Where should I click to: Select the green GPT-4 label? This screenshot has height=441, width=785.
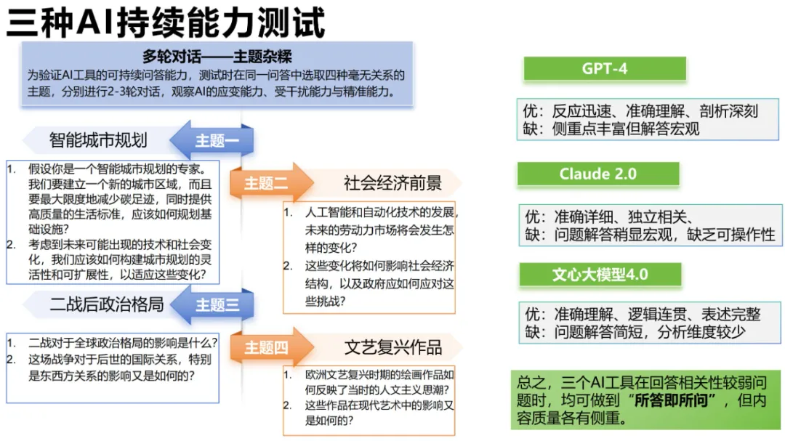tap(604, 69)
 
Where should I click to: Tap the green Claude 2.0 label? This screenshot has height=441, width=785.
tap(597, 174)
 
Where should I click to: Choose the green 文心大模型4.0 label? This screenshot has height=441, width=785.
tap(600, 275)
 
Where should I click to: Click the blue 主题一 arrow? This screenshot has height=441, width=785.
tap(214, 140)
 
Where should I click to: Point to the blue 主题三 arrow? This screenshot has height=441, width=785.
tap(215, 304)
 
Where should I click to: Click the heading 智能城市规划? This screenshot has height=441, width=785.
tap(98, 139)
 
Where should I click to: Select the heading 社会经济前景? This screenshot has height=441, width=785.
tap(392, 183)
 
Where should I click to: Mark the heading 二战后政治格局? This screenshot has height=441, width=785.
tap(107, 304)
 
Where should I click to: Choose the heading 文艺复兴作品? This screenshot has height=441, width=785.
tap(392, 347)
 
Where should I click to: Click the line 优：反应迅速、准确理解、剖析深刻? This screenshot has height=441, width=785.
tap(640, 110)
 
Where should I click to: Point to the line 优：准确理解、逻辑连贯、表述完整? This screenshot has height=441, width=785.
tap(642, 314)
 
